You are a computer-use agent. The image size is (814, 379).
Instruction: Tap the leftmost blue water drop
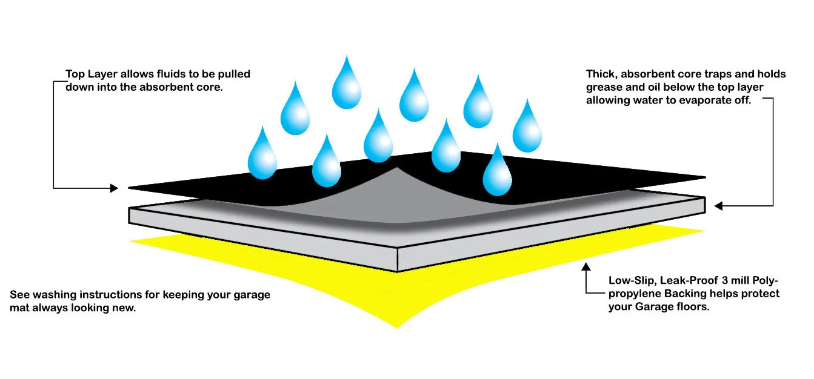(262, 157)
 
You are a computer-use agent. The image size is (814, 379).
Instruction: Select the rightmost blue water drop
(527, 129)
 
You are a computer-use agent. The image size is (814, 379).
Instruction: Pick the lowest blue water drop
(497, 173)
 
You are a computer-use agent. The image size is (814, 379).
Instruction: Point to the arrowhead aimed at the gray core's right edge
(719, 206)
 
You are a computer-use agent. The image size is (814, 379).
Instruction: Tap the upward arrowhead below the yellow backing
(586, 267)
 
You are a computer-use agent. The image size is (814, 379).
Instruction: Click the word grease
(604, 87)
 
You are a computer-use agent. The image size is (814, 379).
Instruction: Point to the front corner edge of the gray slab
(397, 260)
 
